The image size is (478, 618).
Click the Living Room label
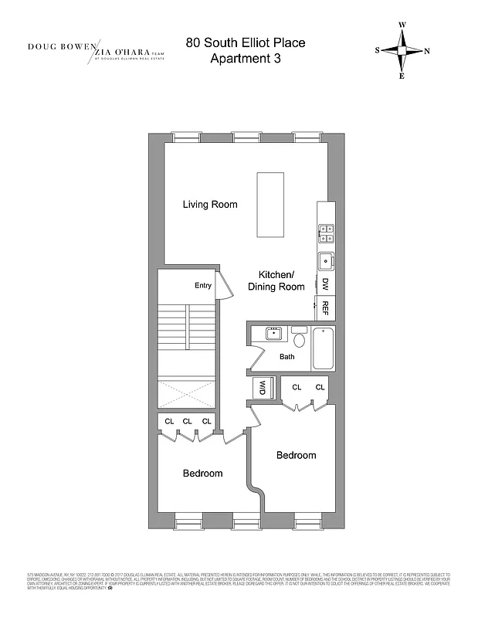click(210, 205)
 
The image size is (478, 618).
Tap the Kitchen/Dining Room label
click(276, 281)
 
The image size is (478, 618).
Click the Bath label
click(287, 357)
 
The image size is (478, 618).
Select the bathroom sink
click(273, 334)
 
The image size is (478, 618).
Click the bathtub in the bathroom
click(322, 348)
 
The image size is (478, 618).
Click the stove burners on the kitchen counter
click(326, 229)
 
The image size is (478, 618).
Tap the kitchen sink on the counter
click(326, 259)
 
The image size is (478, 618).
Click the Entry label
click(203, 286)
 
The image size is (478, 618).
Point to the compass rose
click(402, 50)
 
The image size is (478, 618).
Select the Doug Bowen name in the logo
click(60, 46)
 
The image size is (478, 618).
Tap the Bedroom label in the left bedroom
click(202, 474)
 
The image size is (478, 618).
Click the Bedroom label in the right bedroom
click(297, 455)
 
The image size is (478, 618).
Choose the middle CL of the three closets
click(187, 421)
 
